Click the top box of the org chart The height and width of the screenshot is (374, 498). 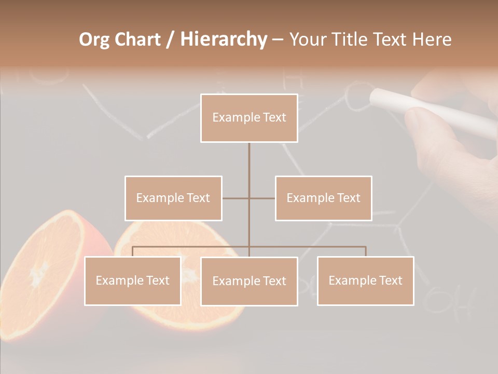pyautogui.click(x=249, y=118)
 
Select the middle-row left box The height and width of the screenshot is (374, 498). pyautogui.click(x=173, y=198)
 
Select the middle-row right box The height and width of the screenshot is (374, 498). pyautogui.click(x=323, y=198)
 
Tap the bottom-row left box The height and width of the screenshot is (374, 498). pyautogui.click(x=133, y=280)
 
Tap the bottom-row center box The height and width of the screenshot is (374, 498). pyautogui.click(x=249, y=281)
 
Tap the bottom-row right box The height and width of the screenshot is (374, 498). pyautogui.click(x=365, y=280)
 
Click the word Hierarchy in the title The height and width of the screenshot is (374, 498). pyautogui.click(x=223, y=39)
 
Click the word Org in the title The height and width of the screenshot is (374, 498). pyautogui.click(x=94, y=39)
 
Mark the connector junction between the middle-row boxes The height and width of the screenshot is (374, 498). pyautogui.click(x=249, y=198)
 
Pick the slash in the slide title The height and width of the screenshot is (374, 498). pyautogui.click(x=170, y=39)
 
